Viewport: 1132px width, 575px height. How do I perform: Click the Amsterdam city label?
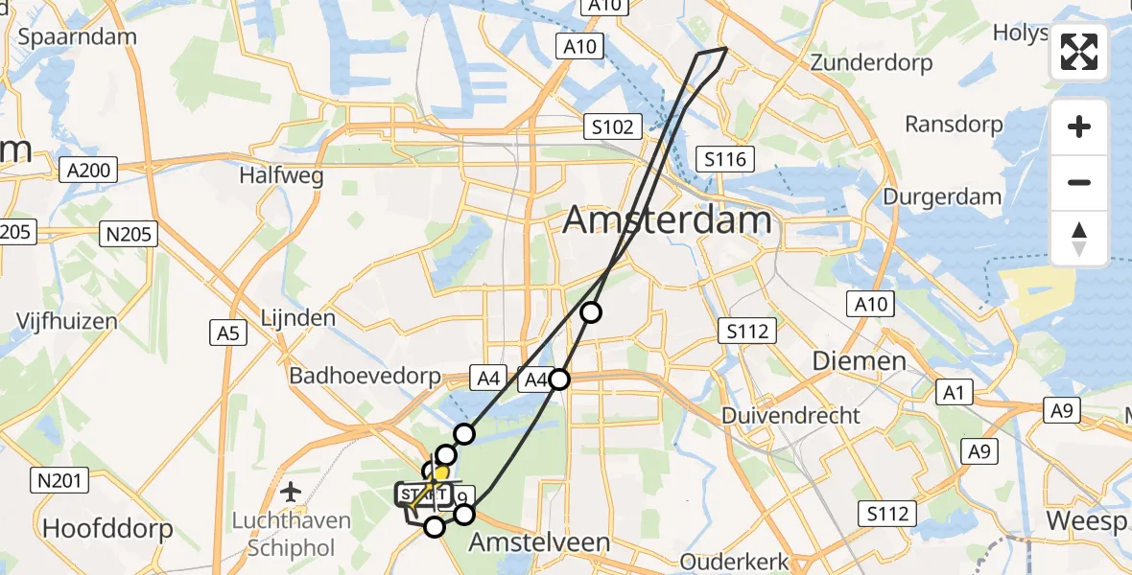coord(667,221)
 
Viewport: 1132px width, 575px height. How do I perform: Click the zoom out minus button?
coord(1079,182)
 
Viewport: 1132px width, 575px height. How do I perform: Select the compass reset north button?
coord(1079,238)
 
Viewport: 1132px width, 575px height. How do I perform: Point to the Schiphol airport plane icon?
coord(291,493)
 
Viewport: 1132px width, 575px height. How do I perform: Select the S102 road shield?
coord(612,126)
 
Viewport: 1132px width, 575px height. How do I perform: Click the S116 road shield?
coord(724,159)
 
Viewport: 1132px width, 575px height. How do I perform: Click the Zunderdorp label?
coord(871,63)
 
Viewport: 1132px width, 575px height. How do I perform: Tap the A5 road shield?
coord(227,333)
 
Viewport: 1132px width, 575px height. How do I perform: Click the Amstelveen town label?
coord(539,542)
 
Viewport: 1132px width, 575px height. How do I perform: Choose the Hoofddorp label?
coord(108,528)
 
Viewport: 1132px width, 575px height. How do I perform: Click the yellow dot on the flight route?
coord(440,473)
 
